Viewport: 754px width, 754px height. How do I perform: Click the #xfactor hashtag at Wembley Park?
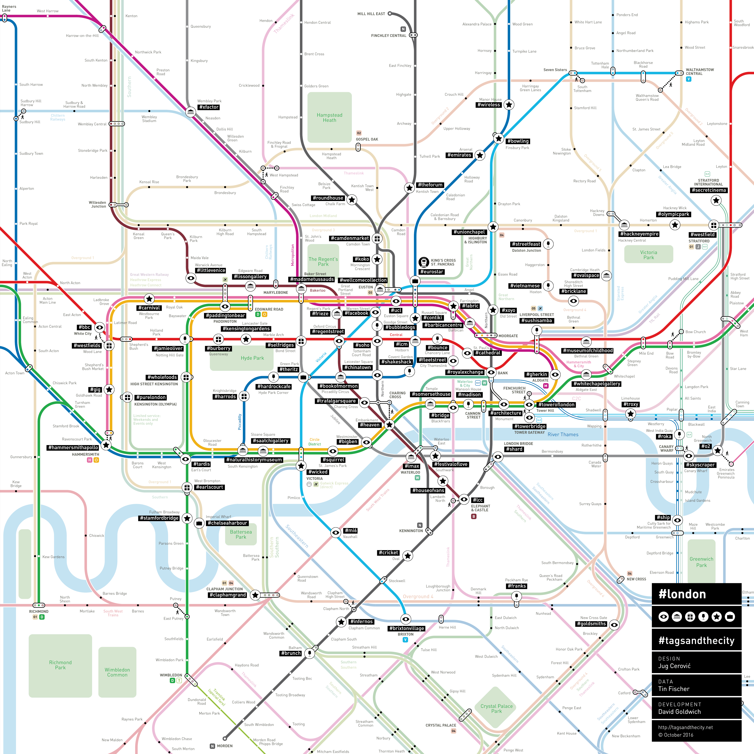pyautogui.click(x=209, y=107)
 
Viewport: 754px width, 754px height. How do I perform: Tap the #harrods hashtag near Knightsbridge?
pyautogui.click(x=225, y=396)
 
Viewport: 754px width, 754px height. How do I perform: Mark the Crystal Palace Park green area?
pyautogui.click(x=496, y=708)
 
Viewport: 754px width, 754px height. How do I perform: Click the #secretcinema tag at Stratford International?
pyautogui.click(x=708, y=190)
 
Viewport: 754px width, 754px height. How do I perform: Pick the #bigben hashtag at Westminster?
pyautogui.click(x=347, y=441)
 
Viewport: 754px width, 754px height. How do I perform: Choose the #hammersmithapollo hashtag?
pyautogui.click(x=73, y=448)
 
